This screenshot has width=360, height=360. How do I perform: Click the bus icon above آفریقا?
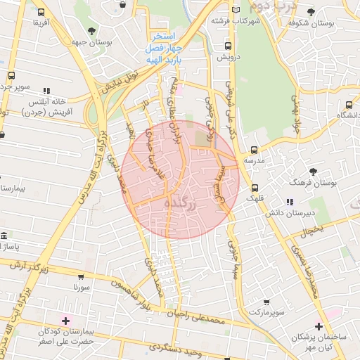(x=41, y=13)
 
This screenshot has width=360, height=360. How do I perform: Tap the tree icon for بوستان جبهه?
(x=92, y=30)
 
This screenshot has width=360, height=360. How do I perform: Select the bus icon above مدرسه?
(x=254, y=150)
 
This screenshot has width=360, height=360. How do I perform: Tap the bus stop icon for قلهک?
(x=254, y=188)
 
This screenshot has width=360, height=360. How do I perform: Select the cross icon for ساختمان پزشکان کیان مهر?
(x=319, y=326)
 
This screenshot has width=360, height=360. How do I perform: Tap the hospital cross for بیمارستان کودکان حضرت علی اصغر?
(x=65, y=320)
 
